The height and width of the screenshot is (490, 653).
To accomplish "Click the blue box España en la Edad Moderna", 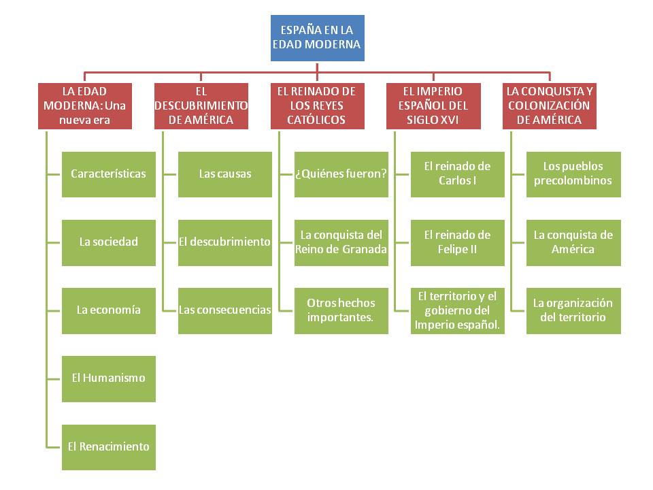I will tap(317, 38).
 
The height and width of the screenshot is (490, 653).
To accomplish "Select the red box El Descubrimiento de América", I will tap(201, 105).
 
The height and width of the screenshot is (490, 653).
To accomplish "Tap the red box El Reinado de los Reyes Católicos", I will tap(317, 105).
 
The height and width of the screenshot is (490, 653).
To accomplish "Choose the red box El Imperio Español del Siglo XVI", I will tap(433, 105).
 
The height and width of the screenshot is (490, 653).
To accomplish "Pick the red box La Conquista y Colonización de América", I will tap(550, 105).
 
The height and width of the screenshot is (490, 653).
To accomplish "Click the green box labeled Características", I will tap(109, 174).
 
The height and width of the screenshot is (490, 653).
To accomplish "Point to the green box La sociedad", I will tap(109, 242).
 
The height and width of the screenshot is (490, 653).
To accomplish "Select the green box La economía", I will tap(109, 310).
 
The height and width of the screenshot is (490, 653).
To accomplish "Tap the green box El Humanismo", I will tap(109, 378).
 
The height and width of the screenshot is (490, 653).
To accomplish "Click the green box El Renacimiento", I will tap(109, 447).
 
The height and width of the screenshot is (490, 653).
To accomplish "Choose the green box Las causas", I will tap(225, 174).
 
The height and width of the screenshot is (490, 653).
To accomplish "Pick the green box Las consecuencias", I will tap(225, 310).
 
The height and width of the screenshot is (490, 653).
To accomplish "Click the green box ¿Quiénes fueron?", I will tap(341, 174).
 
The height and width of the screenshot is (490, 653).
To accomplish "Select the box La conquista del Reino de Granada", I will tap(341, 242).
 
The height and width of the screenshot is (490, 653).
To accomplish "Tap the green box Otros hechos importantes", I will tap(341, 310).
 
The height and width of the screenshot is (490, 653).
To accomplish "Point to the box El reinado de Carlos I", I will tap(458, 174).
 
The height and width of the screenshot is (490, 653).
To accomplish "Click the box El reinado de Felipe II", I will tap(458, 242).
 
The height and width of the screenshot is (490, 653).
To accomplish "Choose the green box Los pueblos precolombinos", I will tap(573, 174).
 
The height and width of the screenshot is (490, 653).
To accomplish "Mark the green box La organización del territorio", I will tap(573, 310).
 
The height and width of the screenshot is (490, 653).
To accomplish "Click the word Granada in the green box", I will tap(365, 250).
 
